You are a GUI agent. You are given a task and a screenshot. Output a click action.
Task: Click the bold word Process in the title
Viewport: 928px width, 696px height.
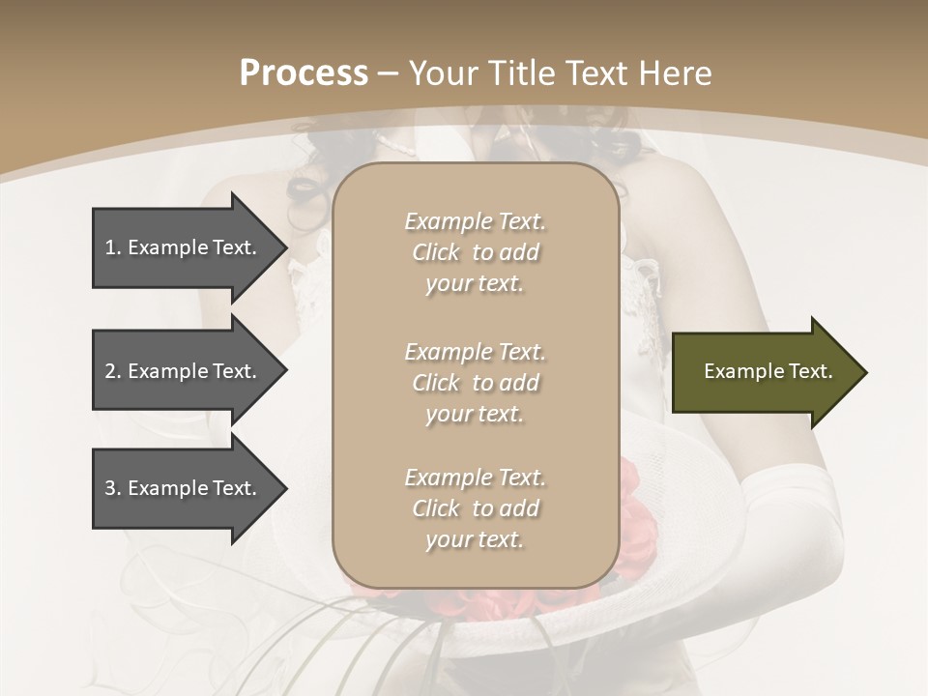coord(304,73)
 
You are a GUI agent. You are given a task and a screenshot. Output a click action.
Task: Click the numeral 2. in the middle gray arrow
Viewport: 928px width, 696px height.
coord(113,371)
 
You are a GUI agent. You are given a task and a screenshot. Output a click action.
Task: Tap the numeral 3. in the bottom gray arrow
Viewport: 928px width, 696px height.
coord(113,488)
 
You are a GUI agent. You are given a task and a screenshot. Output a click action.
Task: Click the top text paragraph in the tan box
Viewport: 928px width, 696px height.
coord(475,252)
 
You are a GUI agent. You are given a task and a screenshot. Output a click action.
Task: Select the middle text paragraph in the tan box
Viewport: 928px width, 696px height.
coord(475,383)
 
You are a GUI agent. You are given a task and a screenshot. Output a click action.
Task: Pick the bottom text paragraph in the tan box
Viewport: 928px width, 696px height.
coord(475,508)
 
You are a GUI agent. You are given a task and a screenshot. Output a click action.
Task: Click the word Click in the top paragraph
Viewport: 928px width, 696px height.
coord(436,252)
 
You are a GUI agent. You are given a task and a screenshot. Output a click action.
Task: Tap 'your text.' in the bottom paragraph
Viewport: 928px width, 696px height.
coord(475,540)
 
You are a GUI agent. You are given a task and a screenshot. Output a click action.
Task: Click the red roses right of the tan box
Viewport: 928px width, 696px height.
coord(635,522)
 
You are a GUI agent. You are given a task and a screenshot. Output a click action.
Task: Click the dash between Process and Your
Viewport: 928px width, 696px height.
coord(388,73)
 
